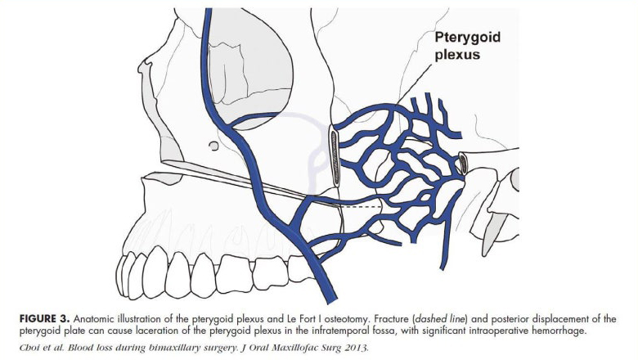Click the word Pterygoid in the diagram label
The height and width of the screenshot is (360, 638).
tap(468, 38)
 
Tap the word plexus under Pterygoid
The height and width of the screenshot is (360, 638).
tap(457, 55)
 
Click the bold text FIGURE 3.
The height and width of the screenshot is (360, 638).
tap(44, 318)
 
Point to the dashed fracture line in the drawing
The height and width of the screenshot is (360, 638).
tap(362, 207)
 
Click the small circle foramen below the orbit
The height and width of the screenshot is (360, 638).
tap(213, 145)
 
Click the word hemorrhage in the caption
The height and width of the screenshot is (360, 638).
tap(563, 331)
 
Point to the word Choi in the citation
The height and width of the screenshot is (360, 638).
tap(28, 348)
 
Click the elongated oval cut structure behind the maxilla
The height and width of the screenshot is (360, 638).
tap(335, 156)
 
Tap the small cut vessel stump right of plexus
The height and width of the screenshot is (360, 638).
tap(464, 163)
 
